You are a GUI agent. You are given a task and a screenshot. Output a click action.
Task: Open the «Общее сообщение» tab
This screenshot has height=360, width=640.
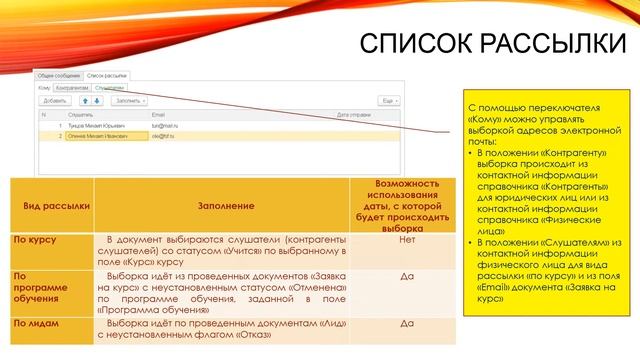tap(57, 76)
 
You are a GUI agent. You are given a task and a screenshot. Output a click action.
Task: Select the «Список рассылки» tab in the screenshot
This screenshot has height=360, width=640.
tap(107, 76)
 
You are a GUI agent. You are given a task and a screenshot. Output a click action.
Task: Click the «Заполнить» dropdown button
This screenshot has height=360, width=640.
tap(131, 101)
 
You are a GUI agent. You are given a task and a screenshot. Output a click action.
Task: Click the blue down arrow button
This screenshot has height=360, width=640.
tap(99, 101)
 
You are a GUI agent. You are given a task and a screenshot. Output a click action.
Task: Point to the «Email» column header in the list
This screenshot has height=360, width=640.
tap(158, 115)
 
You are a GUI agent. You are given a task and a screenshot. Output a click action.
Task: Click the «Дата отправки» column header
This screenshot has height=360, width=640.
tap(354, 115)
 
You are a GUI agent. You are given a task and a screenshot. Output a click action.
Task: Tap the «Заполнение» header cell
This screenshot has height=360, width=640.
tap(221, 205)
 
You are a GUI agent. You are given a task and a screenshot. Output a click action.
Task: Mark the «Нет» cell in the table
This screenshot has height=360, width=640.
tap(407, 240)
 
